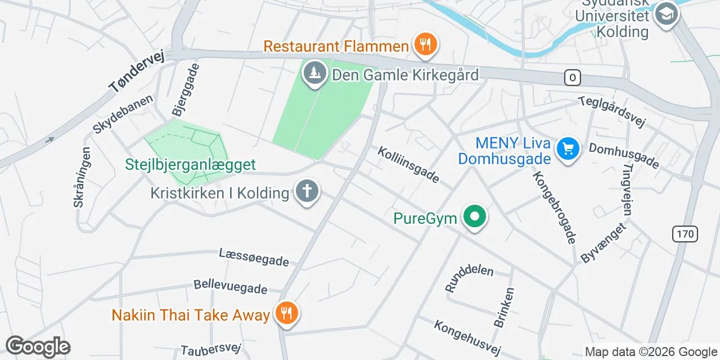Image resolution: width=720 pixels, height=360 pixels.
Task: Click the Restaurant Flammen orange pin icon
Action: click(426, 44)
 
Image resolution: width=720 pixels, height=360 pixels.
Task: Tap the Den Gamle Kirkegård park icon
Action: click(315, 73)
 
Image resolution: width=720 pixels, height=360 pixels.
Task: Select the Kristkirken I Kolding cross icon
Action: click(307, 192)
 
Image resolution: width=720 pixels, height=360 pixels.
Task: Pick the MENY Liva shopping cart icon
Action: click(568, 149)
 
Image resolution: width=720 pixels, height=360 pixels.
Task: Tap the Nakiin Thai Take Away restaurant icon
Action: click(287, 313)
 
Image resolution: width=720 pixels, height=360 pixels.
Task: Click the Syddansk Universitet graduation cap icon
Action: click(667, 13)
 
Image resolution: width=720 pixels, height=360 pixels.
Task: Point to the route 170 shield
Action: click(685, 233)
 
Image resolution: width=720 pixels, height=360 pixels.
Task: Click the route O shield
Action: click(572, 78)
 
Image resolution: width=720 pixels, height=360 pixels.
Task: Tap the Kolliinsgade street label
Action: click(408, 165)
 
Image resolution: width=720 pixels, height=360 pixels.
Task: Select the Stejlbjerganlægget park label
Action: click(190, 165)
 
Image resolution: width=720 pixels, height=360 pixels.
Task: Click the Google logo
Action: click(38, 346)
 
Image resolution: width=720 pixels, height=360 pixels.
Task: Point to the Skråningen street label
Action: click(82, 177)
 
